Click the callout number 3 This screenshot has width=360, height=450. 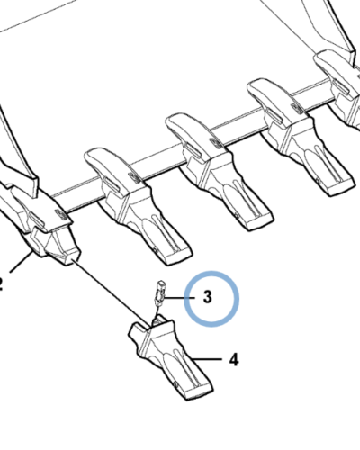tap(208, 297)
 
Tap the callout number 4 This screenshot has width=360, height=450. tap(234, 359)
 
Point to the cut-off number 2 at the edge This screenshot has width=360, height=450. tap(1, 284)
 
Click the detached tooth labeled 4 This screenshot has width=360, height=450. tap(169, 357)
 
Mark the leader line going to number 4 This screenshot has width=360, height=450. tap(207, 359)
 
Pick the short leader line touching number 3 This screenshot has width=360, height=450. tap(179, 298)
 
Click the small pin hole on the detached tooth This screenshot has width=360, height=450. tap(175, 383)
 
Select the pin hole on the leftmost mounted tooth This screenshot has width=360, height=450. tap(154, 249)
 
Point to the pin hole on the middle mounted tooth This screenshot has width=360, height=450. tap(237, 215)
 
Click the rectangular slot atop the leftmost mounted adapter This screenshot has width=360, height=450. tap(112, 184)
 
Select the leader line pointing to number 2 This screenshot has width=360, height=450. tap(21, 263)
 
